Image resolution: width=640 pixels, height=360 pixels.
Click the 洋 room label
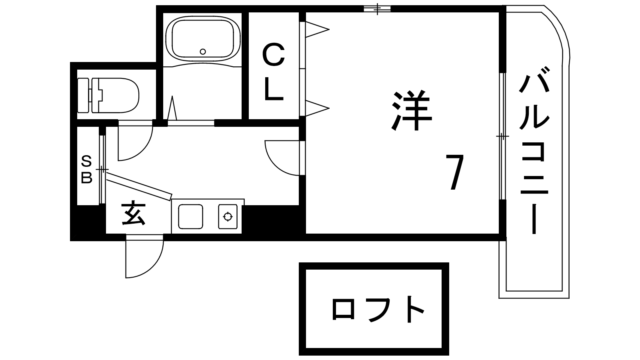412,112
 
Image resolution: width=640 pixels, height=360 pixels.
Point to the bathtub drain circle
203,51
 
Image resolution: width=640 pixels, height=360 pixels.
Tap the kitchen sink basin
190,217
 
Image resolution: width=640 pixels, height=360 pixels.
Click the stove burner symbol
228,217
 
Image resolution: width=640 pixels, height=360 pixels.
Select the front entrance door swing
142,258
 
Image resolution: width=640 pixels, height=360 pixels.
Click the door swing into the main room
282,158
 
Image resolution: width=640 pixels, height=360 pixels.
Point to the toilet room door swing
134,142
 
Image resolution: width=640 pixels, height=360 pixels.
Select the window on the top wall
377,8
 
